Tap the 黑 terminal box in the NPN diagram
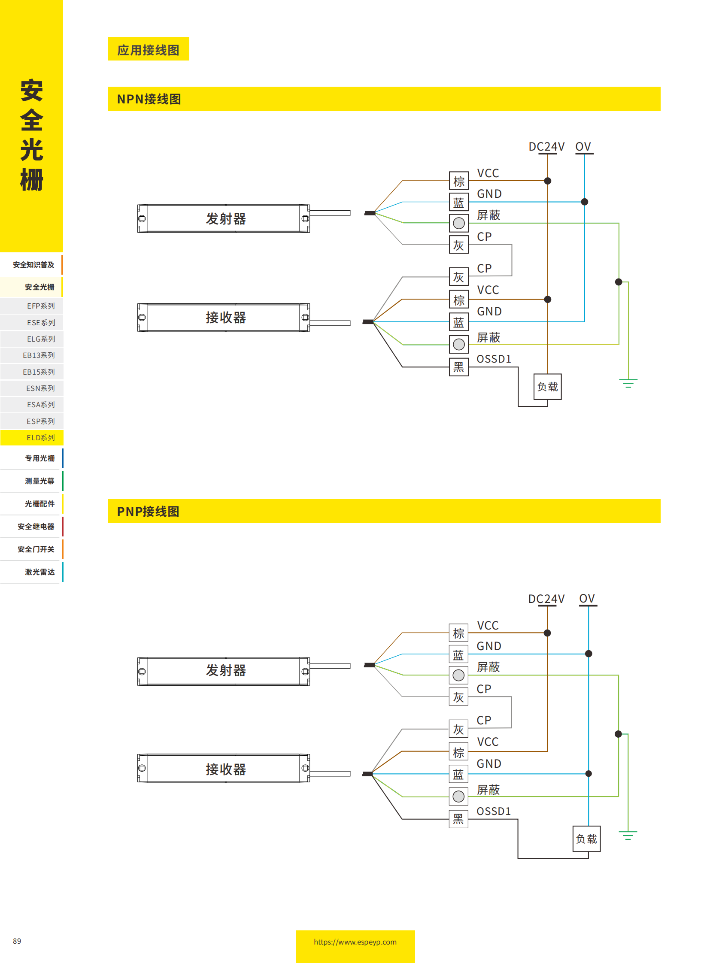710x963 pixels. pyautogui.click(x=458, y=366)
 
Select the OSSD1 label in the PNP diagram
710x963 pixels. pyautogui.click(x=493, y=811)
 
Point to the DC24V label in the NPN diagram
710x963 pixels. pyautogui.click(x=546, y=146)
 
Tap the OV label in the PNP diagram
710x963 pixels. pyautogui.click(x=587, y=598)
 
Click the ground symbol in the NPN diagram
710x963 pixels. pyautogui.click(x=628, y=383)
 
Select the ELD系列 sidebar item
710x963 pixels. pyautogui.click(x=40, y=437)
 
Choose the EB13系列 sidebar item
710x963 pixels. pyautogui.click(x=38, y=355)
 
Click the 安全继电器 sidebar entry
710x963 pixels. pyautogui.click(x=36, y=526)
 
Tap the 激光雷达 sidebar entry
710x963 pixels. pyautogui.click(x=39, y=572)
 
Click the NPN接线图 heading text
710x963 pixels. pyautogui.click(x=149, y=99)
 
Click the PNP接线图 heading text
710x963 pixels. pyautogui.click(x=148, y=511)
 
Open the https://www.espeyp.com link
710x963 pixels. pyautogui.click(x=355, y=942)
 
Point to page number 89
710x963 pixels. pyautogui.click(x=17, y=941)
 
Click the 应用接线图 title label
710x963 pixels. pyautogui.click(x=148, y=50)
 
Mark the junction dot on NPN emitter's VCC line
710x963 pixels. pyautogui.click(x=547, y=181)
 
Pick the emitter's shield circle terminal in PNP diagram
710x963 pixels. pyautogui.click(x=458, y=675)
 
